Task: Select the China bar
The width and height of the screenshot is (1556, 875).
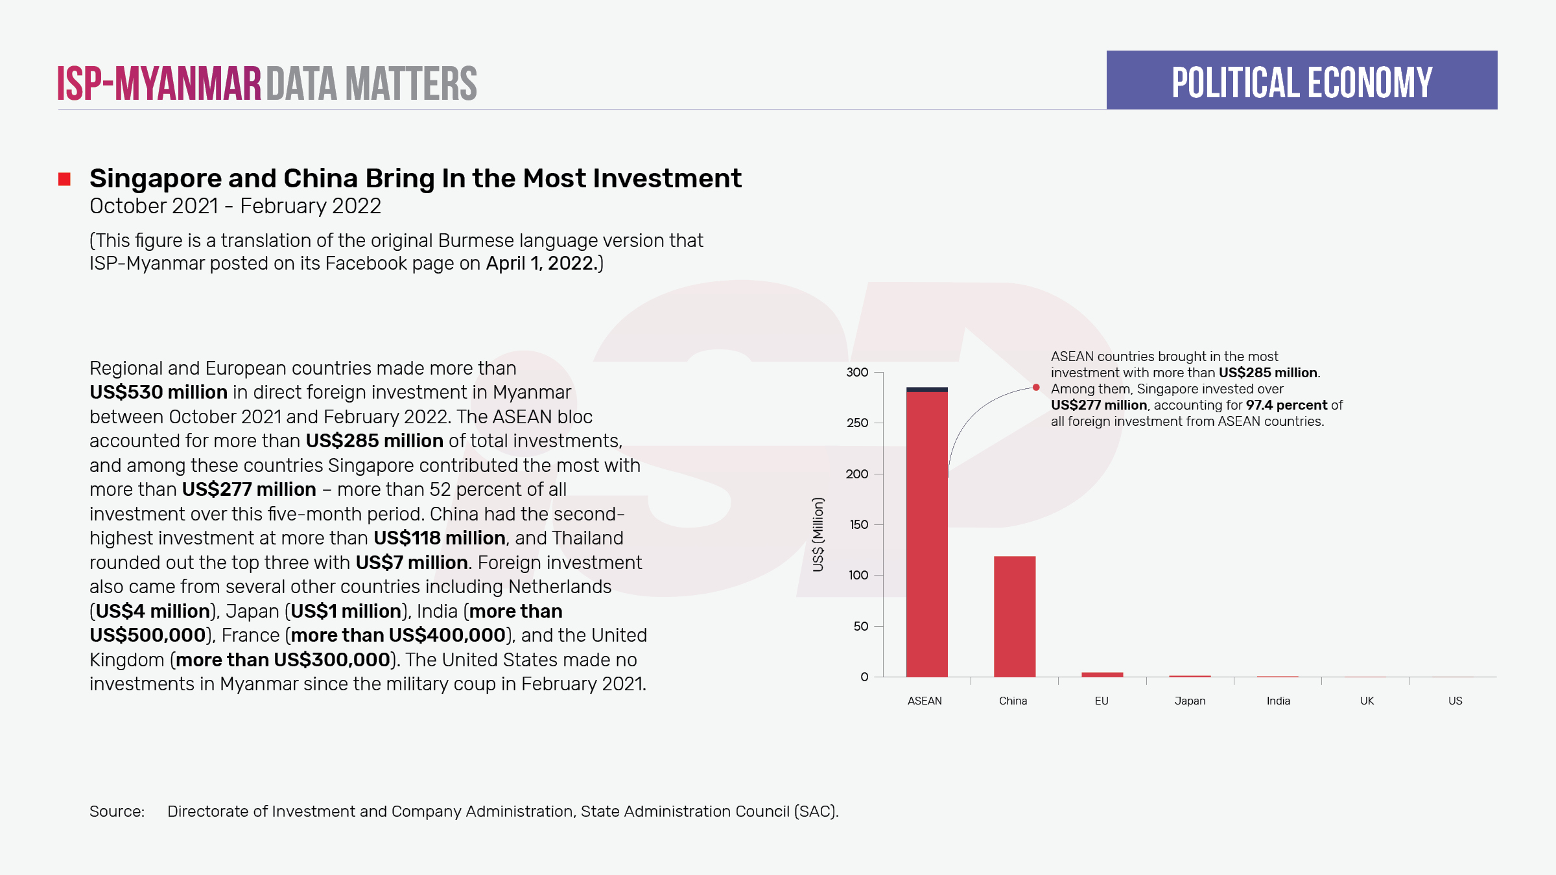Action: pyautogui.click(x=1015, y=616)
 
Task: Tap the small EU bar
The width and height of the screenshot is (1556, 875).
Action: pyautogui.click(x=1102, y=675)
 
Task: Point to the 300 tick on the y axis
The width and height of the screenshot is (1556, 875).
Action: pyautogui.click(x=857, y=372)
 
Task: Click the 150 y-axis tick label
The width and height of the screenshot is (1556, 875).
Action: pyautogui.click(x=858, y=524)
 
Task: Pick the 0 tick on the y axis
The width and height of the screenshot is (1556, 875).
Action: pyautogui.click(x=864, y=677)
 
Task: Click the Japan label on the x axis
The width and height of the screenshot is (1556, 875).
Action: pyautogui.click(x=1190, y=701)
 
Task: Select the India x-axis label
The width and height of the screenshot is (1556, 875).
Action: pyautogui.click(x=1278, y=701)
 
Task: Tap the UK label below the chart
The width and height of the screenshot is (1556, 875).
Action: pyautogui.click(x=1367, y=701)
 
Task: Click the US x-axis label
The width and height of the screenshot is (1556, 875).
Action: pyautogui.click(x=1455, y=701)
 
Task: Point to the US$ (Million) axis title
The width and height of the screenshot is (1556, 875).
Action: pyautogui.click(x=818, y=535)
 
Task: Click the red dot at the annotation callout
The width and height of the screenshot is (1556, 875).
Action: pyautogui.click(x=1036, y=388)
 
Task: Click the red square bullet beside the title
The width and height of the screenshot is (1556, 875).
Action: pyautogui.click(x=64, y=179)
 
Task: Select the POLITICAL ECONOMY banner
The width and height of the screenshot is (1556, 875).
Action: pyautogui.click(x=1301, y=80)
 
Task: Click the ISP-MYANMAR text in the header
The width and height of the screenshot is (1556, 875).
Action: pyautogui.click(x=159, y=84)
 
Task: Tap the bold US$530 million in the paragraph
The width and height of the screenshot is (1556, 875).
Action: pyautogui.click(x=158, y=392)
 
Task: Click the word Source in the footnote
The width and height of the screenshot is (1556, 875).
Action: pyautogui.click(x=117, y=811)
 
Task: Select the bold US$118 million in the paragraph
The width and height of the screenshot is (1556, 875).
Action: pyautogui.click(x=439, y=538)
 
